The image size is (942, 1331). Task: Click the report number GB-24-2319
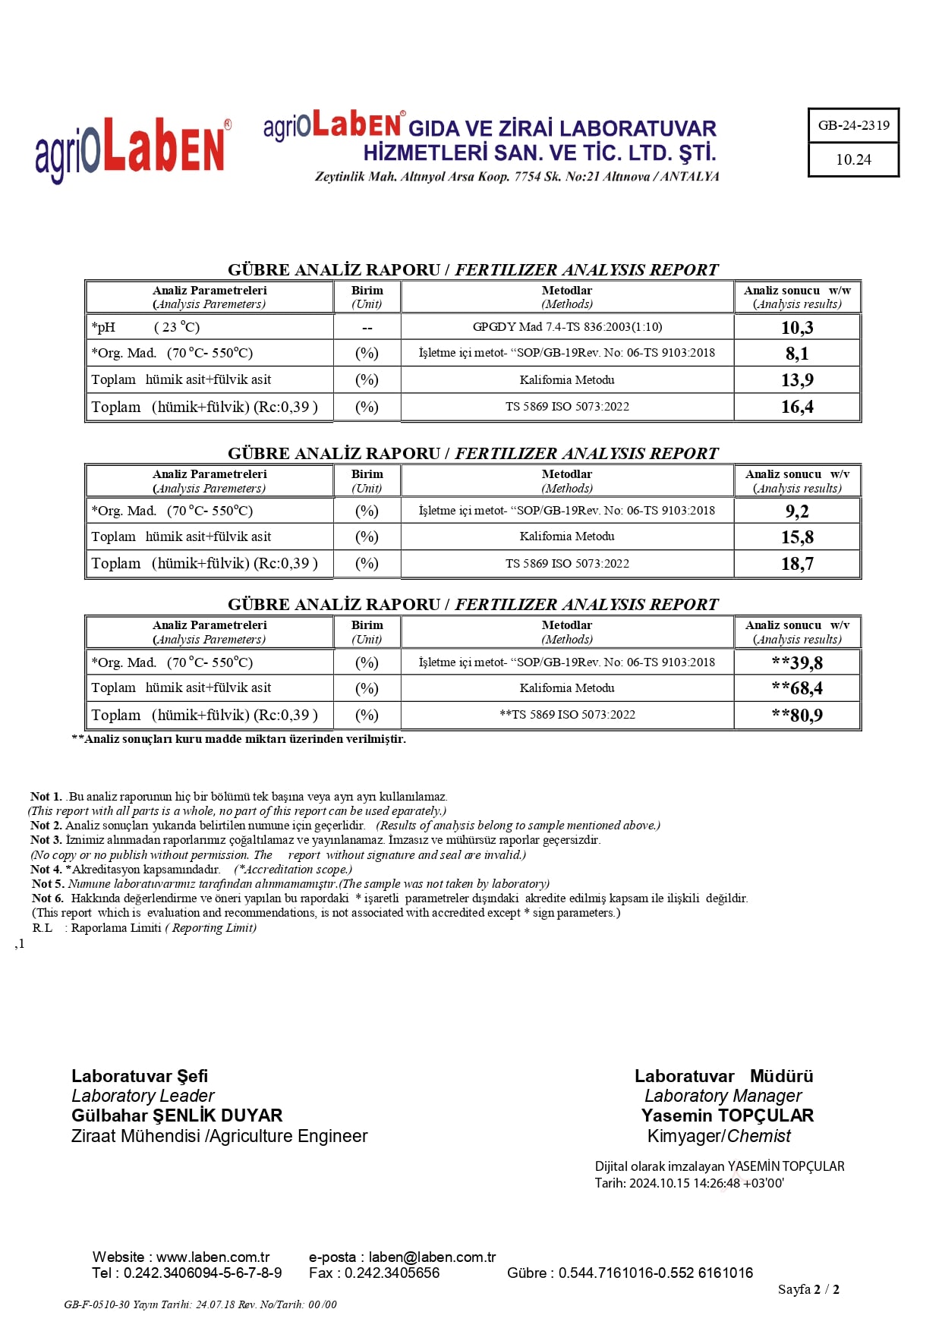coord(853,125)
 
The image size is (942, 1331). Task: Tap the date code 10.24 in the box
coord(853,159)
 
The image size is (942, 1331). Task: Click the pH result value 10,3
coord(797,327)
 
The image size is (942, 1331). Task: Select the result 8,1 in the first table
coord(797,353)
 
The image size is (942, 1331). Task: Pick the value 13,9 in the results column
coord(797,379)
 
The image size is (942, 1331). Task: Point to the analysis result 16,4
coord(797,407)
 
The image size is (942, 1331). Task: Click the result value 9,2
coord(797,511)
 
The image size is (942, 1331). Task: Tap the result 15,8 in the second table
coord(797,537)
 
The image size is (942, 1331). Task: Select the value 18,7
coord(797,564)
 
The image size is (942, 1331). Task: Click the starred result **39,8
coord(797,662)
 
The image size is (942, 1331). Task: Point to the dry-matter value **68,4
coord(797,688)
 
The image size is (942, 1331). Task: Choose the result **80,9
coord(797,715)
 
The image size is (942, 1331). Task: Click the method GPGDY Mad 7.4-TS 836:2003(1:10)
coord(567,327)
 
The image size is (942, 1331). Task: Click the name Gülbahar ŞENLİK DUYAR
coord(177,1115)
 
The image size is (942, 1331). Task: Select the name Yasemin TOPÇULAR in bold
coord(727,1115)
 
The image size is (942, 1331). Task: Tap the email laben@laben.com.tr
coord(432,1257)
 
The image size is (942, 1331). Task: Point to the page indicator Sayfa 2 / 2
coord(808,1289)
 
